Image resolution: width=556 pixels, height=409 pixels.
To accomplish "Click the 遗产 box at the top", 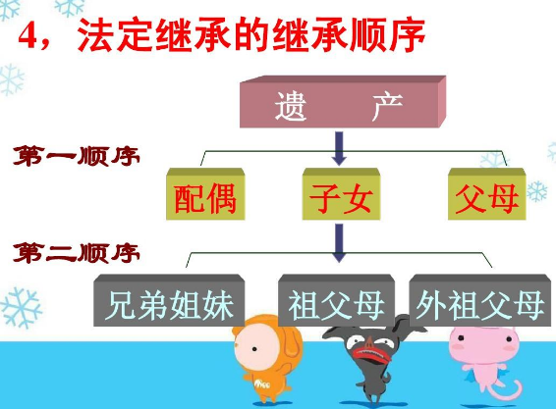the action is pos(343,102).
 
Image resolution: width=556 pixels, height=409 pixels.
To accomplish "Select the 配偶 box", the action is pos(205,194).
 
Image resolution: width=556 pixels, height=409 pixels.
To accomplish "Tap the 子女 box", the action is pos(341,194).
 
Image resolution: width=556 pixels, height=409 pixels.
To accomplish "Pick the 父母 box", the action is pos(487,194).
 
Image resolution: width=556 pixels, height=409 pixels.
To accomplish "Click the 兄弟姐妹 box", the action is pos(169,300).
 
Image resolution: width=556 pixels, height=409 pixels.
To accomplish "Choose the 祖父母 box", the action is pos(336,300).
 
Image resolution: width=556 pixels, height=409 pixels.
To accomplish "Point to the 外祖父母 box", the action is pos(479,300).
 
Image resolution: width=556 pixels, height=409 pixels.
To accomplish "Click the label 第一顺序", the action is pos(77,156).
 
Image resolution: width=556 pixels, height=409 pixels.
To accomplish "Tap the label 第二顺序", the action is pos(77,253).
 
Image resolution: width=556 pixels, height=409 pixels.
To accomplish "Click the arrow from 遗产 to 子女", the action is pos(339,148).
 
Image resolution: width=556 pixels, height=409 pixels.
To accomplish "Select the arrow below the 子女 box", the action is pos(339,243).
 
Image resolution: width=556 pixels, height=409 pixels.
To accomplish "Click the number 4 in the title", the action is pos(28,36).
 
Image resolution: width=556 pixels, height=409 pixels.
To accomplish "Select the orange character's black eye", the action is pos(254,349).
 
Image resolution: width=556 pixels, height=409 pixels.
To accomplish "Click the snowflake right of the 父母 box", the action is pos(537,191).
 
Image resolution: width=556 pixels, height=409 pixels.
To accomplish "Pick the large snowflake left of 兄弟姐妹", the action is pos(22,307).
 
